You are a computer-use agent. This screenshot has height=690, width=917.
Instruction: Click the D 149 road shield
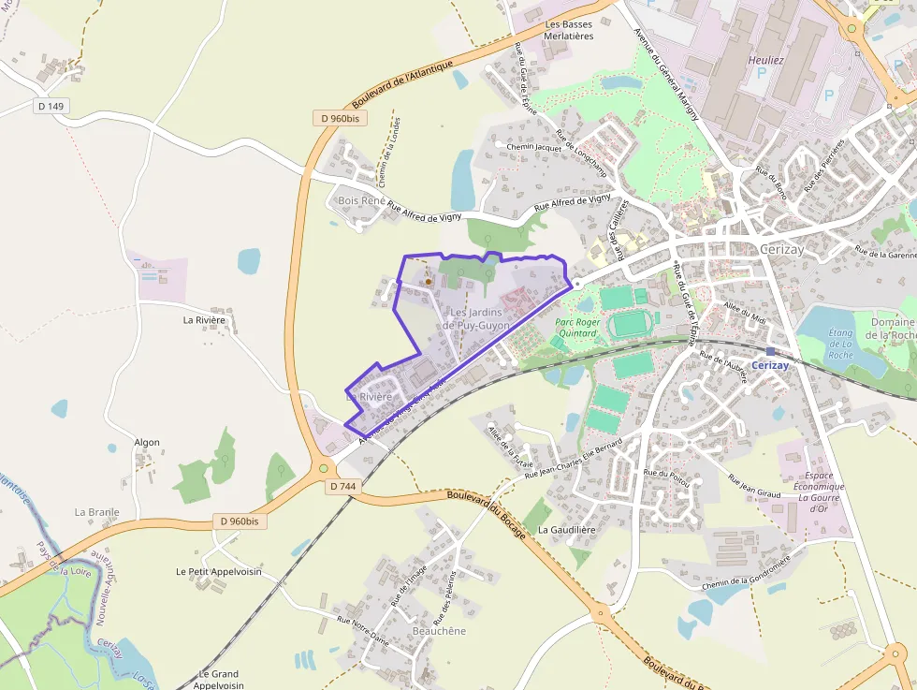click(x=51, y=107)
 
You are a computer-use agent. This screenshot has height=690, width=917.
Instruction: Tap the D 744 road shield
click(x=343, y=487)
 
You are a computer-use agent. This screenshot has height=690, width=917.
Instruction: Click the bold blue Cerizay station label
click(x=770, y=365)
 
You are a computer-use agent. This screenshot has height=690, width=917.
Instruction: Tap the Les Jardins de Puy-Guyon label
click(x=476, y=318)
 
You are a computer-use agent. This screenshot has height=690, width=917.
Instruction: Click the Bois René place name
click(x=360, y=201)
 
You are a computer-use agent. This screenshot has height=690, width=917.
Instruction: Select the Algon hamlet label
click(x=147, y=442)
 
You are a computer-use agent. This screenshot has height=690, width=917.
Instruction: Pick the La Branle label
click(x=97, y=512)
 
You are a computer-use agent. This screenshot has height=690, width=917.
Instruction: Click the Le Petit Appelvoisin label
click(x=219, y=571)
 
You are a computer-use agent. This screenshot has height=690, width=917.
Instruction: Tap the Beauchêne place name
click(x=439, y=631)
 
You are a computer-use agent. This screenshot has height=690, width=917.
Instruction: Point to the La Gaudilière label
click(x=567, y=530)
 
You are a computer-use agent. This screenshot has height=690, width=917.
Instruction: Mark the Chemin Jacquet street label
click(x=532, y=147)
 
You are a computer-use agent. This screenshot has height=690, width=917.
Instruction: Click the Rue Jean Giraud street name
click(x=753, y=491)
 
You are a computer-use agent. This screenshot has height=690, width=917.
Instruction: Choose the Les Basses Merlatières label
click(x=569, y=30)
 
